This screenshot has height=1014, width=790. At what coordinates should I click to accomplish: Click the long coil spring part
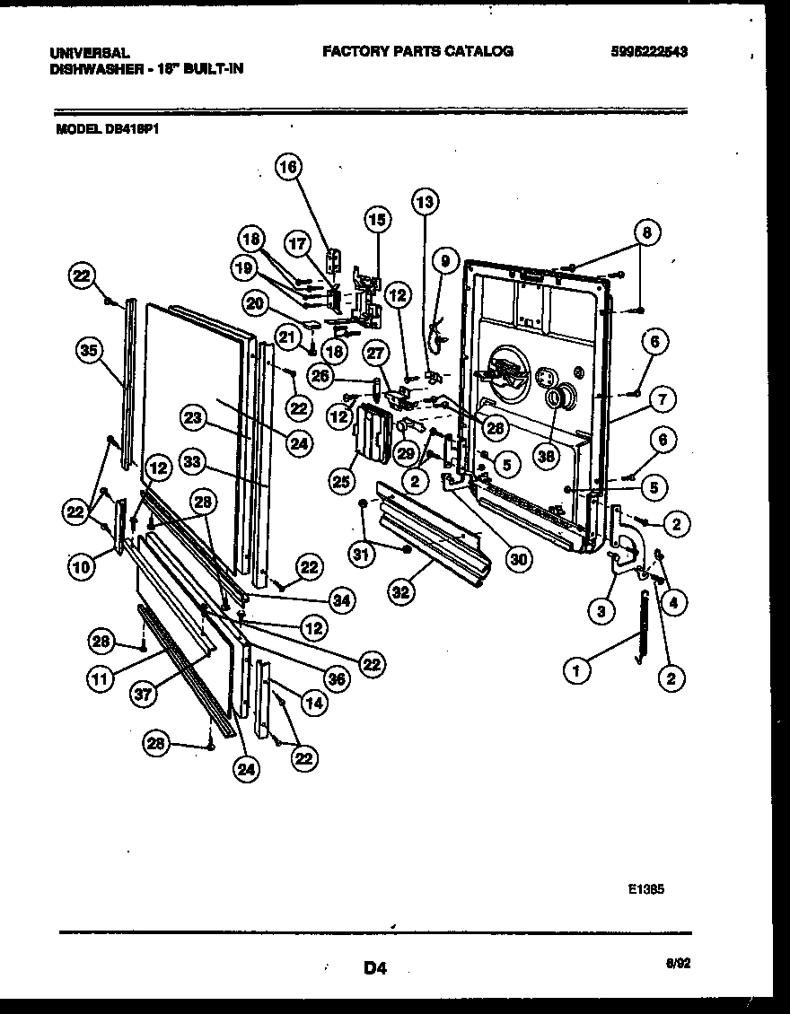point(641,628)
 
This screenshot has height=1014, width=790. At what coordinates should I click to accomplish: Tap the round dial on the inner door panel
point(556,396)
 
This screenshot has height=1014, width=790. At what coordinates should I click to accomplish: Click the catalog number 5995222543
point(647,52)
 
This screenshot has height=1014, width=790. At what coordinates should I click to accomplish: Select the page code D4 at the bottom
point(374,967)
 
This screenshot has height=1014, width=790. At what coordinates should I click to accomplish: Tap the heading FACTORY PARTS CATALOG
point(417,51)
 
